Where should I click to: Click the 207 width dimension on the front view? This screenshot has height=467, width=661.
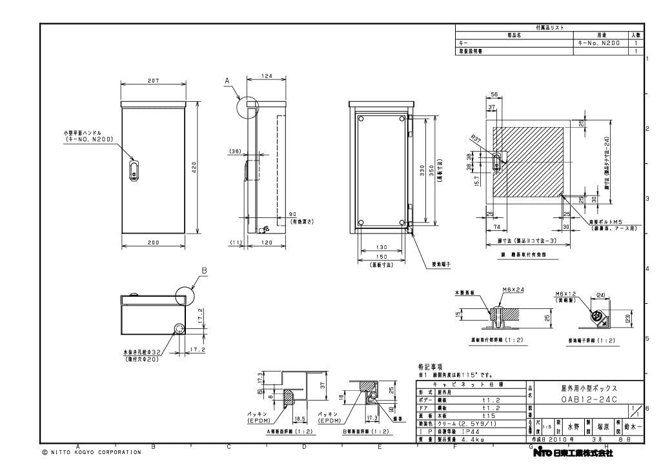[x=154, y=81]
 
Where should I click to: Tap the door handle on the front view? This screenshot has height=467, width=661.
[x=134, y=170]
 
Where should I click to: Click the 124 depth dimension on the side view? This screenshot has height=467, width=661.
[x=266, y=77]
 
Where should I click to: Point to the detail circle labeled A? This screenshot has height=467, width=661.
[x=248, y=107]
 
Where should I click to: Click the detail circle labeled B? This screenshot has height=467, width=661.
[x=187, y=297]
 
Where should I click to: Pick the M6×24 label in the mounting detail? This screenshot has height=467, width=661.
[x=513, y=290]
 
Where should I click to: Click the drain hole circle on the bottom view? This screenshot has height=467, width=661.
[x=178, y=329]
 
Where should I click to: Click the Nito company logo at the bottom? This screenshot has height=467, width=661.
[x=572, y=453]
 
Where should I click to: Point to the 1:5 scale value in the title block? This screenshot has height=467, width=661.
[x=546, y=427]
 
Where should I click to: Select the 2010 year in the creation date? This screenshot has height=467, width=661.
[x=559, y=439]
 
